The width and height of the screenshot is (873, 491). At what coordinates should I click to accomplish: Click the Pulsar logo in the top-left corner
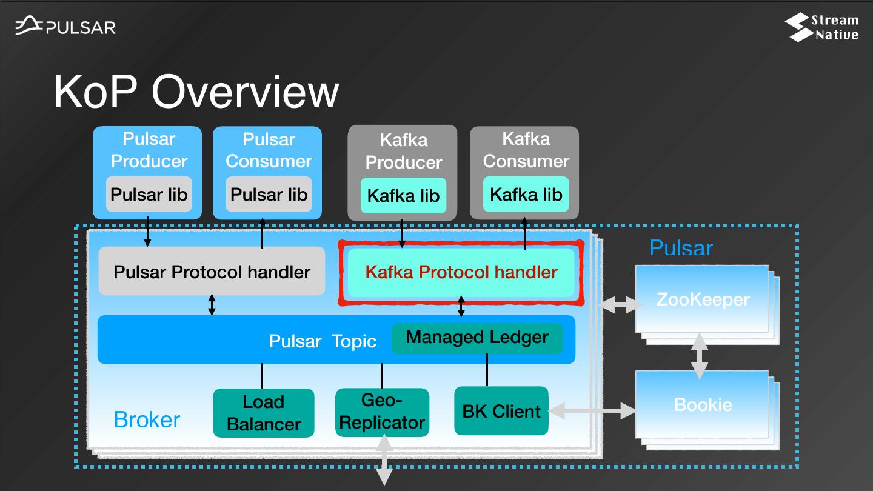pos(65,27)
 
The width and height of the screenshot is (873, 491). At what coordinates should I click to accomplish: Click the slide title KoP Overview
pos(196,92)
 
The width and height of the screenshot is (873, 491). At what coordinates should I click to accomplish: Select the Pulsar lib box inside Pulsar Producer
pos(149,195)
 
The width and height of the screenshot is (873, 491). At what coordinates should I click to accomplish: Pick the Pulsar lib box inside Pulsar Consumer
pos(269,195)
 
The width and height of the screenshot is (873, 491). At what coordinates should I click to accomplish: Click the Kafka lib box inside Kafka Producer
pos(403,196)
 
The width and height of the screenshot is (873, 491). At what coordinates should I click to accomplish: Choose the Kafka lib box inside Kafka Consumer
pos(526,195)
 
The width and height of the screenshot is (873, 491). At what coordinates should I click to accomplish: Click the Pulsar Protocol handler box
pos(212,272)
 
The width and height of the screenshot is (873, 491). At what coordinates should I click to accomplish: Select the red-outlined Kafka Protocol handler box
pos(461,272)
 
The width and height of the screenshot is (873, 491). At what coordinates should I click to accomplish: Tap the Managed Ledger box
pos(477,338)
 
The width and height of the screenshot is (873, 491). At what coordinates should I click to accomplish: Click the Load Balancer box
pos(263,413)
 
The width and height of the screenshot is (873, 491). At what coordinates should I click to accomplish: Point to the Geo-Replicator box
pos(382,412)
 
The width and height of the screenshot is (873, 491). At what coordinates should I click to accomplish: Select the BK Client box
pos(501,411)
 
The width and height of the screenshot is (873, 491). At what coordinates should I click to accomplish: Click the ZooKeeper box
pos(702,299)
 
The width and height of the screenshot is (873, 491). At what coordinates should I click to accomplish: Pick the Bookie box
pos(702,404)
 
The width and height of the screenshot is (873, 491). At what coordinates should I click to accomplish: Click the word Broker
pos(147,419)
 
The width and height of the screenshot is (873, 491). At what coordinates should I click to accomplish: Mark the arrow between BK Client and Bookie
pos(592,412)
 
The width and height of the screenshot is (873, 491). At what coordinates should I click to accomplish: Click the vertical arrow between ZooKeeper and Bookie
pos(700,356)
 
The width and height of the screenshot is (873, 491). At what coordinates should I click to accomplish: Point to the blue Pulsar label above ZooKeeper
pos(681,248)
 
